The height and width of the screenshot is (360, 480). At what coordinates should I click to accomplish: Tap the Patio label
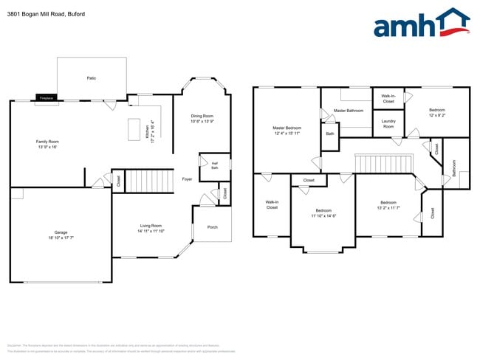(92, 77)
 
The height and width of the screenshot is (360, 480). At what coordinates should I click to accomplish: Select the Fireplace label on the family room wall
(46, 97)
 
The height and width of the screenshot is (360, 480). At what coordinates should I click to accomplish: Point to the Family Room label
(47, 144)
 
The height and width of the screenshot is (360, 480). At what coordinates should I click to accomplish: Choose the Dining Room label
(202, 118)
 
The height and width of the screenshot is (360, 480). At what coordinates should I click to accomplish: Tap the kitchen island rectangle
(134, 129)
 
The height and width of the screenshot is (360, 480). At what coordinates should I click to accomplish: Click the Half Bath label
(214, 165)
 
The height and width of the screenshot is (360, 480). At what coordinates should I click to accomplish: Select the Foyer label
(188, 179)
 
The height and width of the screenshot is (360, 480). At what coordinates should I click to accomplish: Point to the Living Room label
(151, 229)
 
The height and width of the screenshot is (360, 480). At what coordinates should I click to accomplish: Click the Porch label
(212, 226)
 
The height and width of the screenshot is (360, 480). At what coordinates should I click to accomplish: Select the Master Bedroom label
(287, 130)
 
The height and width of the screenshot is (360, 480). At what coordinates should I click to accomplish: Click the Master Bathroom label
(348, 111)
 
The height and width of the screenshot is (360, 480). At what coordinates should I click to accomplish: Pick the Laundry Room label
(388, 123)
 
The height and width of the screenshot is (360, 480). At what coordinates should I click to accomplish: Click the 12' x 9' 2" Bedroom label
(436, 113)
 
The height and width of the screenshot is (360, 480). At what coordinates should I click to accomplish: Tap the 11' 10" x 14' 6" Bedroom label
(323, 212)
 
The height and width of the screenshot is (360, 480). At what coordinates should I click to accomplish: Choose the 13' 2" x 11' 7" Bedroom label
(389, 205)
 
